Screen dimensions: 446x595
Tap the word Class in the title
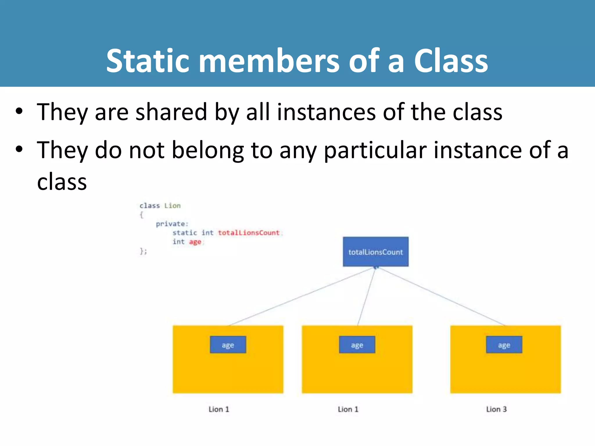(x=451, y=61)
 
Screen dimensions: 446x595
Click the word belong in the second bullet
(x=208, y=150)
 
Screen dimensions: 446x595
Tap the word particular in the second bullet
(x=375, y=150)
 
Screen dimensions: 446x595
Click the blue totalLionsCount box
(x=375, y=252)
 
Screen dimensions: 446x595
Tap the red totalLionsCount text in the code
(x=249, y=233)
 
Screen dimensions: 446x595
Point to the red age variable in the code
(x=195, y=242)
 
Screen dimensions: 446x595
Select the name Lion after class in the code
(x=172, y=206)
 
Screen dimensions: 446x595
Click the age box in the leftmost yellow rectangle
(x=228, y=345)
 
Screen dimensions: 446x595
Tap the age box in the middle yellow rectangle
(x=357, y=345)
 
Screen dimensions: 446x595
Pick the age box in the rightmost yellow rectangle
(x=504, y=345)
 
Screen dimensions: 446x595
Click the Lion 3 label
(x=497, y=409)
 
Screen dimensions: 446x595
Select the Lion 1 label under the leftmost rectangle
(x=219, y=409)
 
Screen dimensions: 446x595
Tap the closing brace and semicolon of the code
(x=143, y=251)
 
